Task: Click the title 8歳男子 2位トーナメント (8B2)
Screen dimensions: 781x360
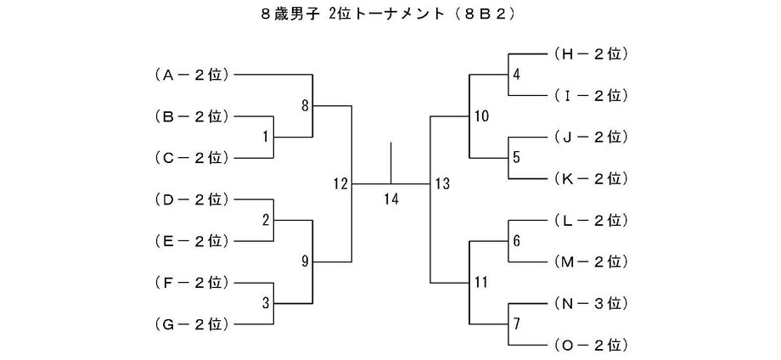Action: click(x=390, y=14)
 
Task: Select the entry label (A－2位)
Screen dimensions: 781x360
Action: click(x=192, y=75)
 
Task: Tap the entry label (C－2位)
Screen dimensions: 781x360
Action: click(x=192, y=158)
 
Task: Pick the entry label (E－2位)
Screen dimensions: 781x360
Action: click(x=192, y=241)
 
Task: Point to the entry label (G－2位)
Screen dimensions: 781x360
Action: click(x=192, y=324)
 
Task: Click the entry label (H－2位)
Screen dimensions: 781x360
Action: click(x=589, y=53)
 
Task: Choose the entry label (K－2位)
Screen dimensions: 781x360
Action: click(x=589, y=178)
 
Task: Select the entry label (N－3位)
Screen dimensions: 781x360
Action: click(x=589, y=303)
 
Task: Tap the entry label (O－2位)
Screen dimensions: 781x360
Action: click(x=589, y=345)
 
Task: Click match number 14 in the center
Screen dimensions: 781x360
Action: click(x=391, y=200)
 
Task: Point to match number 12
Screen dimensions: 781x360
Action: click(x=341, y=183)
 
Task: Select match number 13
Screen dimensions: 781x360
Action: click(x=441, y=183)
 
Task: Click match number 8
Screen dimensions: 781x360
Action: click(x=306, y=105)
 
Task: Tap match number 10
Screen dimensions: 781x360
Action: click(x=481, y=116)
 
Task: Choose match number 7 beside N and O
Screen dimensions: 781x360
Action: click(x=516, y=323)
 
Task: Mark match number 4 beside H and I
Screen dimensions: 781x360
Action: click(x=516, y=75)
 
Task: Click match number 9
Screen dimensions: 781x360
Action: click(x=306, y=262)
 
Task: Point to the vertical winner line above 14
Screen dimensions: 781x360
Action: click(x=391, y=163)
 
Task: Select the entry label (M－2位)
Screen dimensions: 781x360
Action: click(x=589, y=262)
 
